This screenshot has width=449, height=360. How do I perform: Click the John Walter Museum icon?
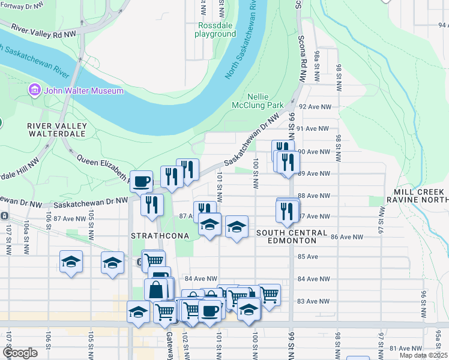coord(34,91)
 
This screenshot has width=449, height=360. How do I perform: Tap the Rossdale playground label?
coord(215,29)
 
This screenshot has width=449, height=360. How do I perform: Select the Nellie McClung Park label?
coord(258,101)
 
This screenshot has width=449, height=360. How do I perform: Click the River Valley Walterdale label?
coord(57,130)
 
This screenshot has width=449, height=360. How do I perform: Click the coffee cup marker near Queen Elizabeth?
coord(141,181)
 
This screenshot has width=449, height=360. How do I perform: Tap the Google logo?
coord(20,353)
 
